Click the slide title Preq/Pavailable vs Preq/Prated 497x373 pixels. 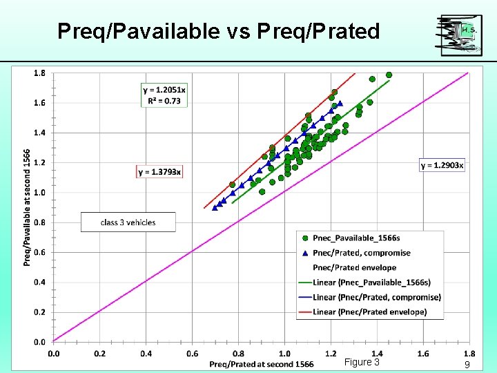click(218, 31)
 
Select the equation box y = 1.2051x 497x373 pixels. click(164, 95)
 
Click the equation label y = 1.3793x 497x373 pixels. click(160, 171)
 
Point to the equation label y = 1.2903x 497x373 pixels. click(442, 164)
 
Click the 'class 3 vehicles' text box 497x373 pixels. click(128, 222)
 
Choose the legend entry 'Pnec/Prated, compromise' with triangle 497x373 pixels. click(361, 253)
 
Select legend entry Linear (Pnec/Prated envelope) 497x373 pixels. click(362, 312)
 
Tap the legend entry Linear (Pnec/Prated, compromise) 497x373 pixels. click(369, 297)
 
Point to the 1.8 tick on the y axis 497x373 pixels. click(40, 73)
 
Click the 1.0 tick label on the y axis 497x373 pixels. click(40, 192)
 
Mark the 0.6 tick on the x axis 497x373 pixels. click(192, 354)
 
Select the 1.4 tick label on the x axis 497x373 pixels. click(377, 354)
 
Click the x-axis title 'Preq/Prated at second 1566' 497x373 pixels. click(261, 364)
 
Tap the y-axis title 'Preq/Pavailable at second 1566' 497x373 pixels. click(27, 207)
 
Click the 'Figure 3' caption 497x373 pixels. click(362, 363)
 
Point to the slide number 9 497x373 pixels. click(467, 364)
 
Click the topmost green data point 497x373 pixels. click(389, 75)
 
